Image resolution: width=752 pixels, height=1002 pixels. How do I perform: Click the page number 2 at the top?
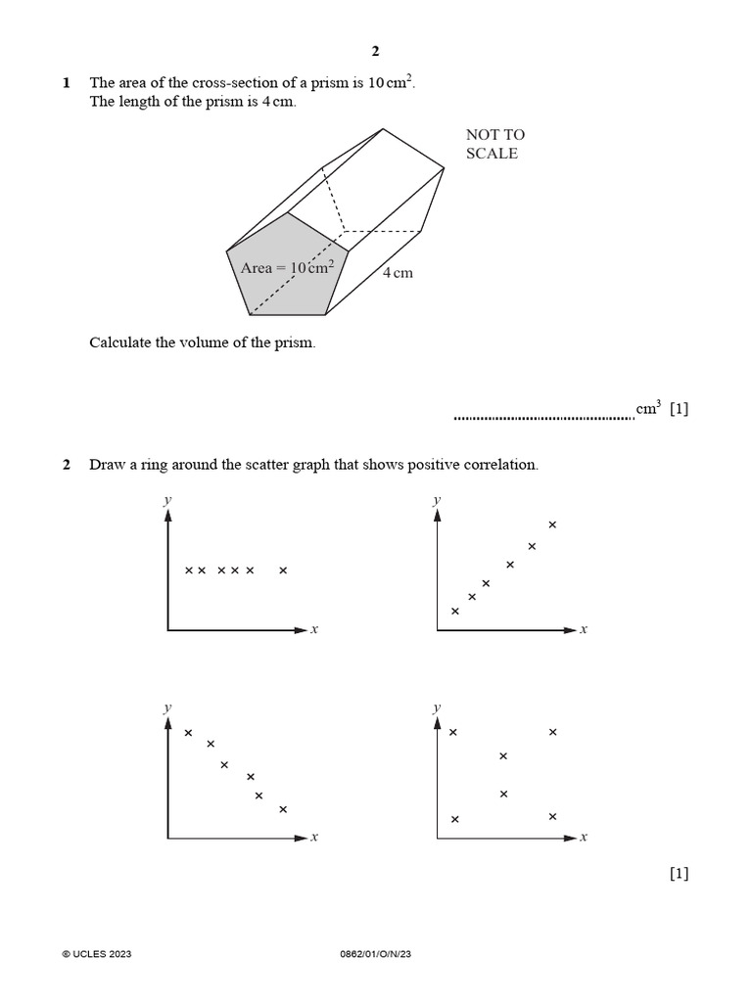coord(375,52)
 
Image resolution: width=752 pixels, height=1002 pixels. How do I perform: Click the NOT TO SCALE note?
coord(494,144)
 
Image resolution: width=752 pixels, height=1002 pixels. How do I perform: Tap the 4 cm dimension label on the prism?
coord(398,273)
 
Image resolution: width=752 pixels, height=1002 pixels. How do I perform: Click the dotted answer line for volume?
coord(543,418)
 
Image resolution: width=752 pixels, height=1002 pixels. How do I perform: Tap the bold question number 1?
coord(67,84)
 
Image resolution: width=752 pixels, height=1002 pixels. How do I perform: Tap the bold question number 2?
coord(67,465)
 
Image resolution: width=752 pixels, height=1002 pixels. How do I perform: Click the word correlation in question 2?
coord(502,465)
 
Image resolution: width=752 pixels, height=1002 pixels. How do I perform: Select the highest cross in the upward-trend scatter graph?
coord(552,524)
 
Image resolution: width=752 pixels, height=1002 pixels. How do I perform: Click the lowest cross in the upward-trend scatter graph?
coord(454,612)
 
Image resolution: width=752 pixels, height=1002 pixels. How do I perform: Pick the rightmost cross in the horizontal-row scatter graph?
coord(283,569)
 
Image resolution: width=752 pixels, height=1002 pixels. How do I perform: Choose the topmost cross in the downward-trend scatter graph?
coord(189,732)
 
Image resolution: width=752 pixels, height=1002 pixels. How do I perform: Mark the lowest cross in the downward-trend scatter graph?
coord(283,809)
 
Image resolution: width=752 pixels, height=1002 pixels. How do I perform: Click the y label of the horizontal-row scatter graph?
coord(168,500)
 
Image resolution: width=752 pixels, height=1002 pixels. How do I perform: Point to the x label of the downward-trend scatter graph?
coord(314,838)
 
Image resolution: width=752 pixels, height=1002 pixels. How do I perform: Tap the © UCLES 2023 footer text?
coord(96,954)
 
